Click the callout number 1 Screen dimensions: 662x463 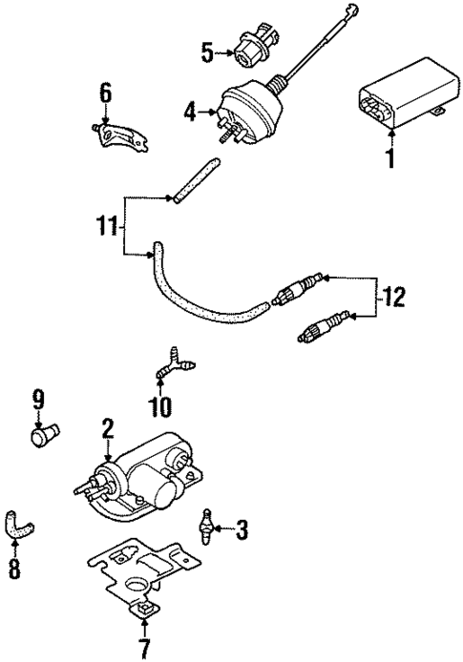tap(389, 156)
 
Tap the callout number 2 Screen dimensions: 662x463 tap(108, 428)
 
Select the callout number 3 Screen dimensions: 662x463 tap(242, 528)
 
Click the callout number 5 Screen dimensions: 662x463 tap(207, 52)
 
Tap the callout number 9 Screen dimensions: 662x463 tap(38, 397)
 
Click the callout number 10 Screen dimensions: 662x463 tap(159, 408)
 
